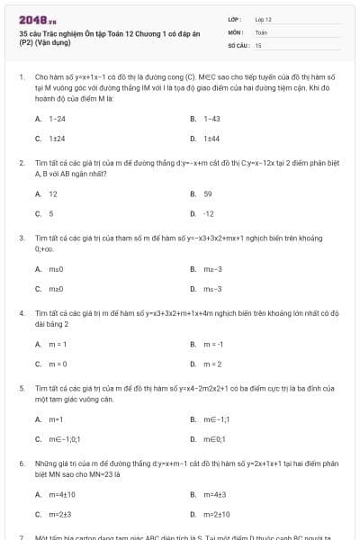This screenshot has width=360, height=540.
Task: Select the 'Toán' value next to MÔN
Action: pyautogui.click(x=261, y=31)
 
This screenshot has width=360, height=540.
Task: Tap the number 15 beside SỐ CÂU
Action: pyautogui.click(x=258, y=44)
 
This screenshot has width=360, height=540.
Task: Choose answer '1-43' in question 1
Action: pyautogui.click(x=211, y=119)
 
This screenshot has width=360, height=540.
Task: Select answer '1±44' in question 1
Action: pyautogui.click(x=211, y=139)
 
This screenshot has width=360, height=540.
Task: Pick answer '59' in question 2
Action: pyautogui.click(x=208, y=193)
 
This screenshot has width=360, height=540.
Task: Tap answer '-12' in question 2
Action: pyautogui.click(x=209, y=213)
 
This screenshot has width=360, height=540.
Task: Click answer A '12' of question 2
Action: pyautogui.click(x=52, y=193)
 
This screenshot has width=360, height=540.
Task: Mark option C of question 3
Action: pyautogui.click(x=55, y=288)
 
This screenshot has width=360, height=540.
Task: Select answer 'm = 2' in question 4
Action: pyautogui.click(x=212, y=364)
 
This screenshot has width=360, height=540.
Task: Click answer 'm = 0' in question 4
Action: pyautogui.click(x=58, y=364)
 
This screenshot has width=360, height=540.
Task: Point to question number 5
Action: pyautogui.click(x=20, y=387)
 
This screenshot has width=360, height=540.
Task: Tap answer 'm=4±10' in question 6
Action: pyautogui.click(x=61, y=494)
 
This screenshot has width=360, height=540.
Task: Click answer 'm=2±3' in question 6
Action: pyautogui.click(x=59, y=514)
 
